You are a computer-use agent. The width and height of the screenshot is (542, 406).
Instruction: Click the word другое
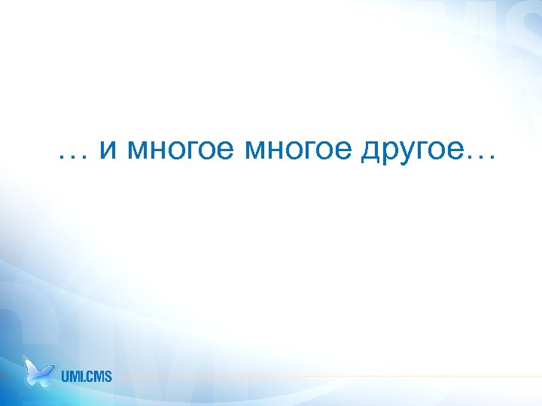pyautogui.click(x=412, y=153)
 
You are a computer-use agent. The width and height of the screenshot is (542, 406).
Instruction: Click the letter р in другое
pyautogui.click(x=389, y=154)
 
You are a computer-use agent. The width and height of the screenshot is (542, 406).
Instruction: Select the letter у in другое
pyautogui.click(x=406, y=154)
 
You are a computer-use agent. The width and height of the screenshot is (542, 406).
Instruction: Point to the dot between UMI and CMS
pyautogui.click(x=85, y=380)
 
